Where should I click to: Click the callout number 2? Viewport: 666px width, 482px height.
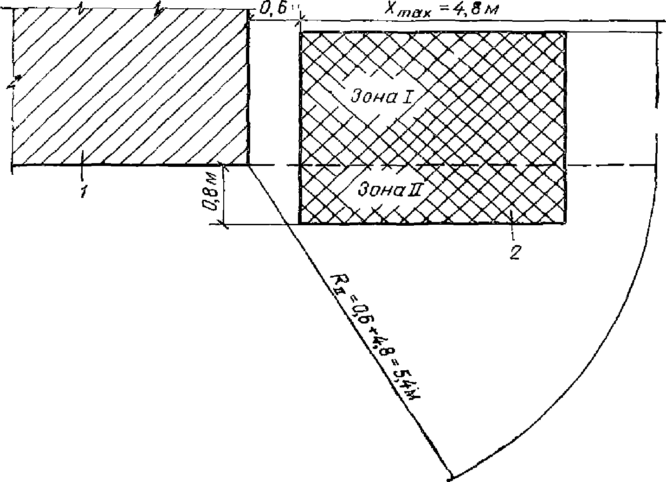click(515, 253)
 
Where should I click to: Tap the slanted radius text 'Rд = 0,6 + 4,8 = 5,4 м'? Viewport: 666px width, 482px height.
click(376, 339)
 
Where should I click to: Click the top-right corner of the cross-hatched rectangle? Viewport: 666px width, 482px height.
click(565, 32)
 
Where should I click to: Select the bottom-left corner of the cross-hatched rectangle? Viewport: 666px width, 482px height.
click(300, 224)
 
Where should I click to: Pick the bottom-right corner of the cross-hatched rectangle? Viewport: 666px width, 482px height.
click(565, 224)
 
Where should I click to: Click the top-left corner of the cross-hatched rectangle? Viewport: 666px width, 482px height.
click(301, 32)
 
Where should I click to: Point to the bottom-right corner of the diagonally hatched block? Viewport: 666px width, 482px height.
click(248, 165)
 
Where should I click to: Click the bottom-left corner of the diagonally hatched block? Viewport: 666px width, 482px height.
click(13, 165)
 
